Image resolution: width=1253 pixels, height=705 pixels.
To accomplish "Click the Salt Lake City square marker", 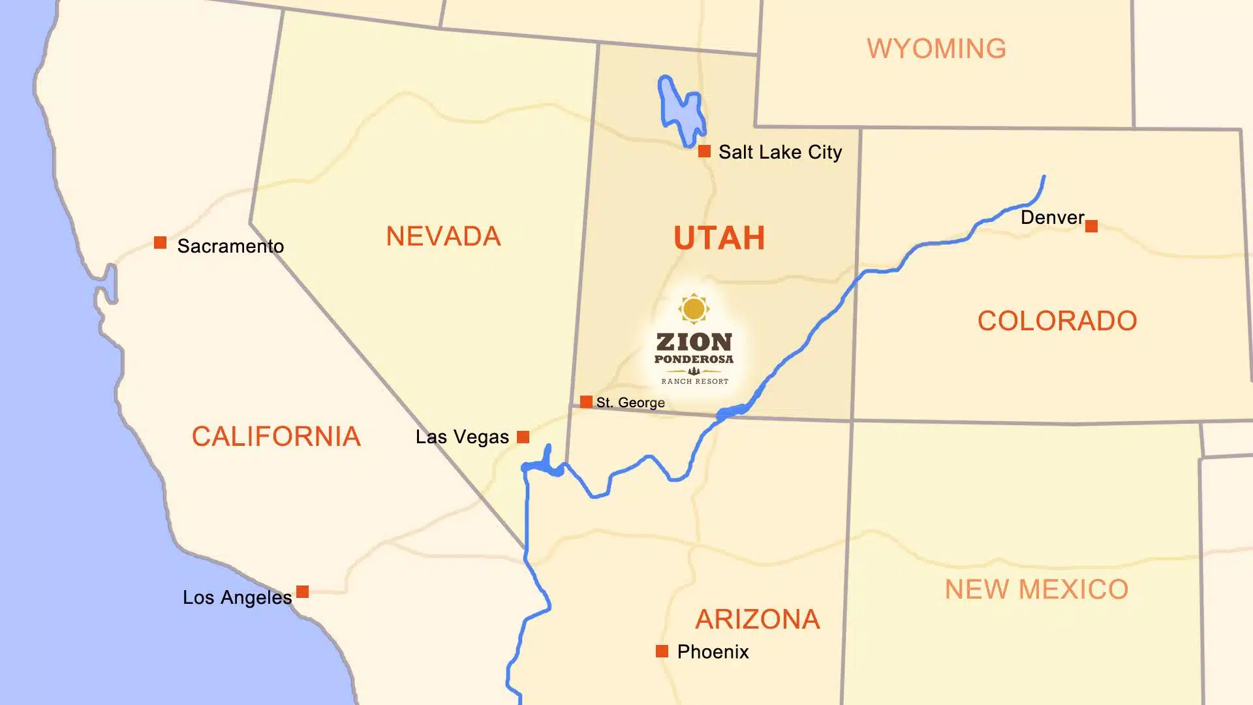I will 704,151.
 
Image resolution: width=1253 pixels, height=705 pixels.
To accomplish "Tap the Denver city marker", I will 1091,227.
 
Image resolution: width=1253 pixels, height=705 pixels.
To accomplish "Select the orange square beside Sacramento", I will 160,243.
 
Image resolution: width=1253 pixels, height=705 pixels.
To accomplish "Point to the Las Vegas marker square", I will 523,437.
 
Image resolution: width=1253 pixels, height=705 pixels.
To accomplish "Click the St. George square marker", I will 586,401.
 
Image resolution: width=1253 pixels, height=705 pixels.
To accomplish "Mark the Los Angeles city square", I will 302,592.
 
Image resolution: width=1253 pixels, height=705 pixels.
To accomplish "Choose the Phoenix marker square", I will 662,651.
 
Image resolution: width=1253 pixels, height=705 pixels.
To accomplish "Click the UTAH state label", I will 719,238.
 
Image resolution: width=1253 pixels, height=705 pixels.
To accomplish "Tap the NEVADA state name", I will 443,236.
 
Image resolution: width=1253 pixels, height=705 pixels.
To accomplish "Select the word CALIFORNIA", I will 276,437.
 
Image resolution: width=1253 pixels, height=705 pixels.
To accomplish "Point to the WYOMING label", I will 936,49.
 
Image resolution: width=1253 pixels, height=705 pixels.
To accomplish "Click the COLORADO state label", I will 1057,321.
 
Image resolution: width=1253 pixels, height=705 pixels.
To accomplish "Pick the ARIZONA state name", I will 757,619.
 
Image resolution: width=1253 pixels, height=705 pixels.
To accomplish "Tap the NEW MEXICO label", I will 1036,589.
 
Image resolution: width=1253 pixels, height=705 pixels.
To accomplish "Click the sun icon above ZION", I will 694,309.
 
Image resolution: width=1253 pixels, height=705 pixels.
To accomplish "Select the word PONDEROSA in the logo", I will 694,359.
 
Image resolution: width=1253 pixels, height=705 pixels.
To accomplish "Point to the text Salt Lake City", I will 780,152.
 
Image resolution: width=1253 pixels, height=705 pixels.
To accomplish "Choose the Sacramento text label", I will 230,246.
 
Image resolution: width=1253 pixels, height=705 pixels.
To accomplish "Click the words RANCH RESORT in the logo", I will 694,381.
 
